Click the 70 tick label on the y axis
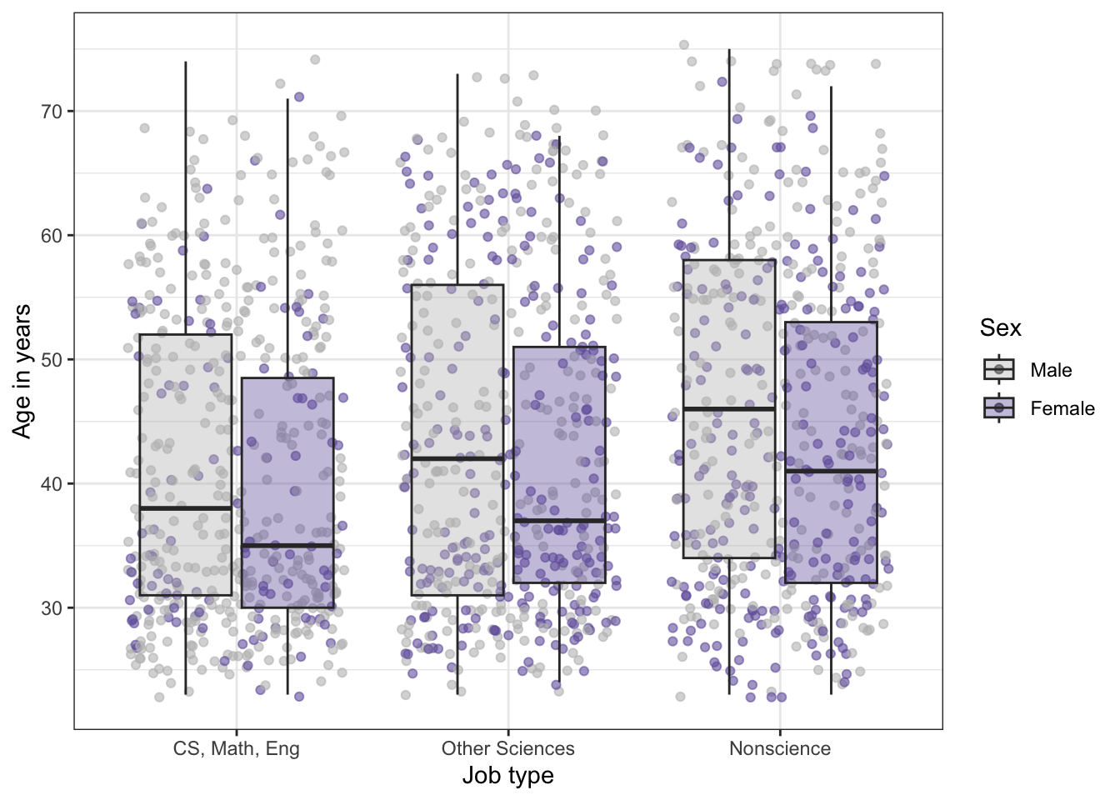52,112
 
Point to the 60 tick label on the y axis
52,236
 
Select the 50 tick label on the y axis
52,360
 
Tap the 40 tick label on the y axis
52,484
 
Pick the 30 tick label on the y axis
52,608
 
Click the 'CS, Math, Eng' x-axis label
237,748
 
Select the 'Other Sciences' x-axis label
508,748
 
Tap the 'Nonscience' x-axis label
780,748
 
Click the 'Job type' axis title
508,776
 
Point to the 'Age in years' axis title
22,371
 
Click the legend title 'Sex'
1000,328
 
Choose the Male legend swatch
999,369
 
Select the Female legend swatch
999,407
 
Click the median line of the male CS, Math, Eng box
186,508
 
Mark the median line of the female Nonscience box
831,471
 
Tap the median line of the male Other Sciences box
457,458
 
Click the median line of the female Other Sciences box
559,521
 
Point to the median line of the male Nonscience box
729,409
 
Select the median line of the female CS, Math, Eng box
287,546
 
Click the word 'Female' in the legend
1062,408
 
